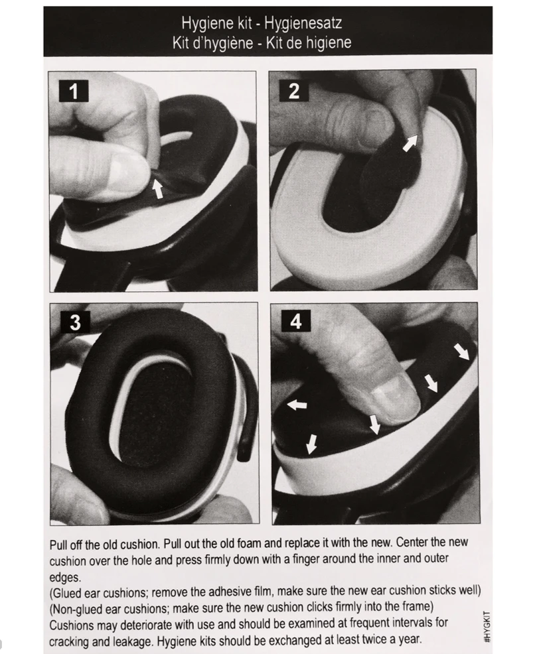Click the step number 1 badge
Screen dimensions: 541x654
click(74, 91)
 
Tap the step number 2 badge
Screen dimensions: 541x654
click(294, 90)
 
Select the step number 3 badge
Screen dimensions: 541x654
click(75, 322)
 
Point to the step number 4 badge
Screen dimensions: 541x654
click(296, 321)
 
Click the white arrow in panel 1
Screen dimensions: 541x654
click(157, 188)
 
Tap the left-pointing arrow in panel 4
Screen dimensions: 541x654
click(297, 404)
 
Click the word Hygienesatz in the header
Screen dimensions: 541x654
click(303, 23)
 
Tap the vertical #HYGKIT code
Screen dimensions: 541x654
click(487, 627)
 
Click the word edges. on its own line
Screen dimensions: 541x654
click(64, 578)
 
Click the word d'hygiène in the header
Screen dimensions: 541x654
click(222, 43)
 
